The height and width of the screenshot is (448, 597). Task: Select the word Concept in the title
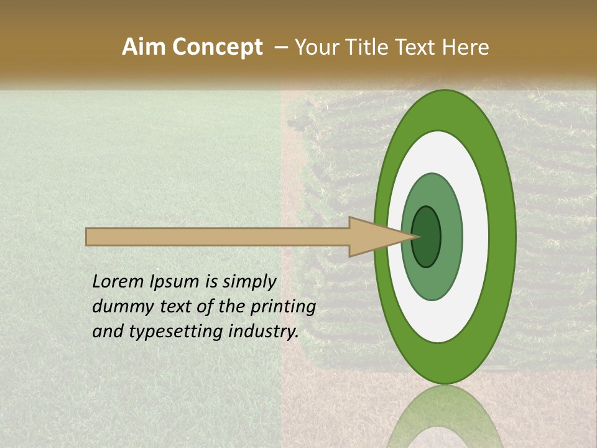pyautogui.click(x=217, y=48)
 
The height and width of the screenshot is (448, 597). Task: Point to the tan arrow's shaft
pyautogui.click(x=218, y=237)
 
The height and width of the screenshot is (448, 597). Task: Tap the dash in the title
pyautogui.click(x=280, y=48)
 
